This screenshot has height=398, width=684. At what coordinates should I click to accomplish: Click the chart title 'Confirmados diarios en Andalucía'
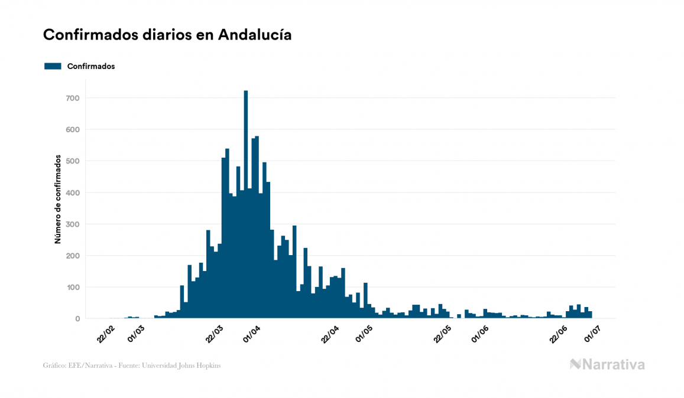[x=167, y=35]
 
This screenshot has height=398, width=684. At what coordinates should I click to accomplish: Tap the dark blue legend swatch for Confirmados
[x=53, y=66]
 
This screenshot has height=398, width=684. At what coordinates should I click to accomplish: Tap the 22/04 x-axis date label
[x=330, y=332]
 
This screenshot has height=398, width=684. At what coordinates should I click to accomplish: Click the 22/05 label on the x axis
[x=443, y=332]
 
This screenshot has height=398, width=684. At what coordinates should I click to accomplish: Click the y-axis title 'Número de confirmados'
[x=58, y=200]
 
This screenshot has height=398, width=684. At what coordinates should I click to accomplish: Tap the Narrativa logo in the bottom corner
[x=607, y=364]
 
